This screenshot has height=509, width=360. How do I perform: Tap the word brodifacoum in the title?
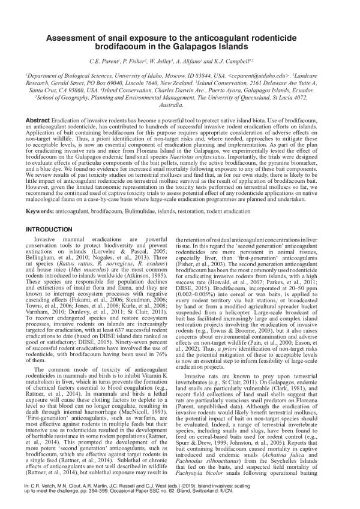point(131,50)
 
